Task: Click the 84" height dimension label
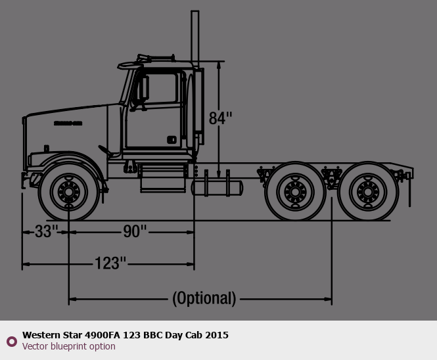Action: pos(220,118)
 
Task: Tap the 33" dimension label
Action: pos(47,231)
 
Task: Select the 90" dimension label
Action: pos(135,231)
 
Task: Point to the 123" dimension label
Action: pos(110,263)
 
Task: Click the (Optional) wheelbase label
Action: pos(204,298)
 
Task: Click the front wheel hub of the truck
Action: pos(68,192)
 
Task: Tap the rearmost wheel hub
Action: pos(368,192)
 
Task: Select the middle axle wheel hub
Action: pos(295,192)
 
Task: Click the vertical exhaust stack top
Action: pos(195,12)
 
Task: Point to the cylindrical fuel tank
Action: pos(217,188)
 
